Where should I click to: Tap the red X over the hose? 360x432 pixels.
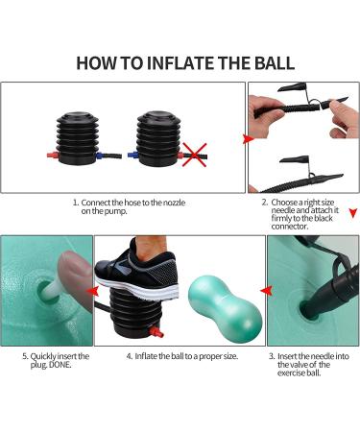195,151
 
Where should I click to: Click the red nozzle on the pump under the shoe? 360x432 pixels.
157,332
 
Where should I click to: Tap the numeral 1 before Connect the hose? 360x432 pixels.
76,204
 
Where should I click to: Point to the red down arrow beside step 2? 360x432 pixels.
352,213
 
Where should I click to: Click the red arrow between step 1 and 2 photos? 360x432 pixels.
249,139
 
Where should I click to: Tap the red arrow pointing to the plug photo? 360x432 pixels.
88,287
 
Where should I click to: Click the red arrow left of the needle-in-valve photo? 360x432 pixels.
260,287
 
